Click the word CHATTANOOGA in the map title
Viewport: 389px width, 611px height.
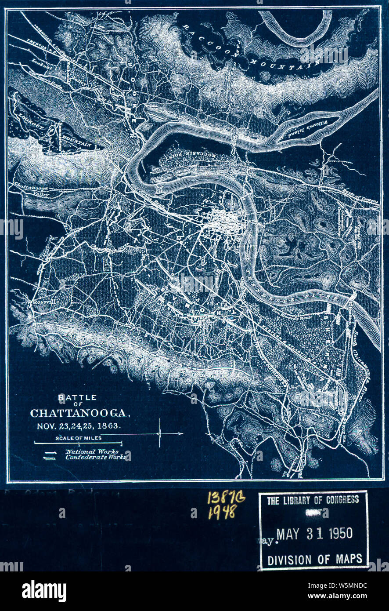[79, 414]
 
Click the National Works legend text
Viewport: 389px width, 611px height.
[92, 451]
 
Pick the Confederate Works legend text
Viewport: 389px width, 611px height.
[95, 457]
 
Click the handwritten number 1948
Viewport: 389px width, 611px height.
[222, 512]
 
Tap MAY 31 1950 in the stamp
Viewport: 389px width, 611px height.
[314, 534]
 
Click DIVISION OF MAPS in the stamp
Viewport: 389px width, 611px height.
[315, 559]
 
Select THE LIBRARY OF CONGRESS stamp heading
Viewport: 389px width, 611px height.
[313, 500]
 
